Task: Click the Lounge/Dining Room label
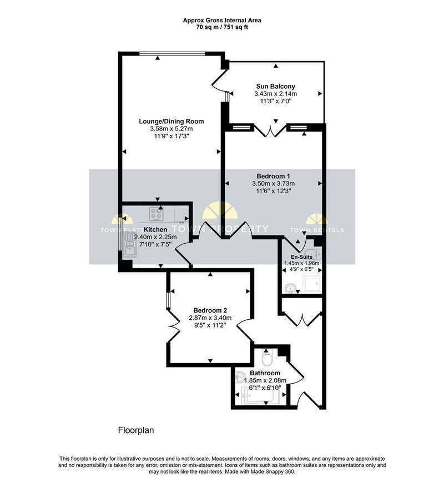coord(171,122)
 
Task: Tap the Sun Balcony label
coord(276,86)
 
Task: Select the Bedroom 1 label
coord(274,176)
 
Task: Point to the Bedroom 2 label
coord(210,310)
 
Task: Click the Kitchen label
coord(155,229)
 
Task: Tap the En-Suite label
coord(302,257)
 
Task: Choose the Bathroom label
coord(265,373)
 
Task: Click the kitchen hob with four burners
coord(156,214)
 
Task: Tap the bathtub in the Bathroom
coord(260,396)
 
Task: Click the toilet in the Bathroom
coord(265,357)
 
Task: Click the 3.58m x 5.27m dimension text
coord(171,129)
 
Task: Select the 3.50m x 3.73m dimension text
coord(274,184)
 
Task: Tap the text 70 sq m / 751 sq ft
coord(222,27)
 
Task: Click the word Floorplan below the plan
coord(136,430)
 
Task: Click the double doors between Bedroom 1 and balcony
coord(270,131)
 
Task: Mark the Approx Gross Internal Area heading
coord(222,21)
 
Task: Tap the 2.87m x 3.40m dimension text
coord(210,318)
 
